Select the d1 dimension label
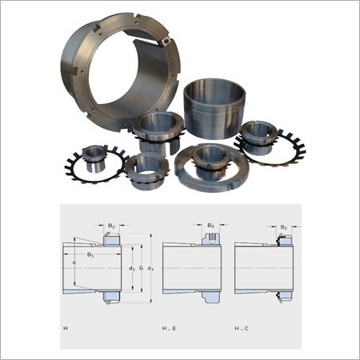tap(131, 269)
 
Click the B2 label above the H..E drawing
tap(210, 227)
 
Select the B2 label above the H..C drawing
tap(283, 228)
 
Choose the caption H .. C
tap(242, 328)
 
